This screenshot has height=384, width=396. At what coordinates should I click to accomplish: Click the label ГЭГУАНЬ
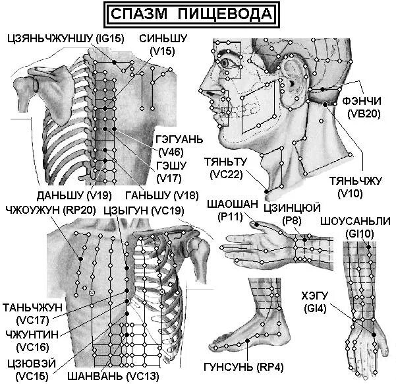pos(179,141)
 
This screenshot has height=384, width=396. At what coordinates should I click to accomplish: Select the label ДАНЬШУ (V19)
pos(65,195)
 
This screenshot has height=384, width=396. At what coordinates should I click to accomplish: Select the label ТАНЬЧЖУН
pos(33,307)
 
